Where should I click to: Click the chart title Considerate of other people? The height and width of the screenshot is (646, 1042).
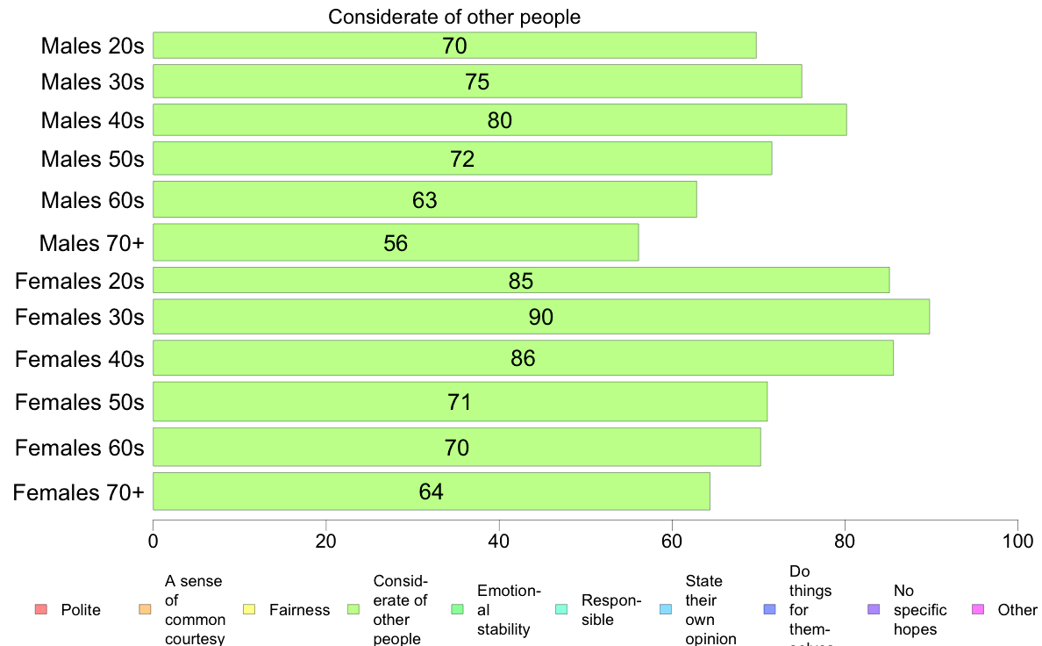click(x=454, y=17)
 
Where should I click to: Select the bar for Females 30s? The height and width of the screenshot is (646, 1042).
click(x=541, y=317)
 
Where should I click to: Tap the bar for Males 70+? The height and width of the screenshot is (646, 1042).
click(x=396, y=243)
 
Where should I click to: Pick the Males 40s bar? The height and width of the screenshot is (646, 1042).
click(x=499, y=120)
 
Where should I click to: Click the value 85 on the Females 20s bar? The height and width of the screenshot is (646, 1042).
click(x=521, y=281)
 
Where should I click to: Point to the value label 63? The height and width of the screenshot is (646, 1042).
click(x=425, y=200)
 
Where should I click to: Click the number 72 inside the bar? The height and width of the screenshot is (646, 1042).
click(x=462, y=159)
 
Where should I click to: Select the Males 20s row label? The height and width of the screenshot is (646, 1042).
click(x=92, y=46)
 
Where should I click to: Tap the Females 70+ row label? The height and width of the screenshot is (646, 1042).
click(x=78, y=492)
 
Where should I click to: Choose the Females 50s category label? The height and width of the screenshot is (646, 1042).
click(x=79, y=402)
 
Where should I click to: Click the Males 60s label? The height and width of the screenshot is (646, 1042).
click(x=92, y=200)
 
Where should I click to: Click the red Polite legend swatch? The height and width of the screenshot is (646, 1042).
click(x=40, y=610)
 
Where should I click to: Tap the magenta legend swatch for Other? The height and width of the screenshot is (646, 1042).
click(x=979, y=610)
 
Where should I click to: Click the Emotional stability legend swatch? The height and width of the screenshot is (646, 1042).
click(x=456, y=610)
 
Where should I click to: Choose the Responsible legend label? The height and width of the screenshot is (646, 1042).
click(x=611, y=610)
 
